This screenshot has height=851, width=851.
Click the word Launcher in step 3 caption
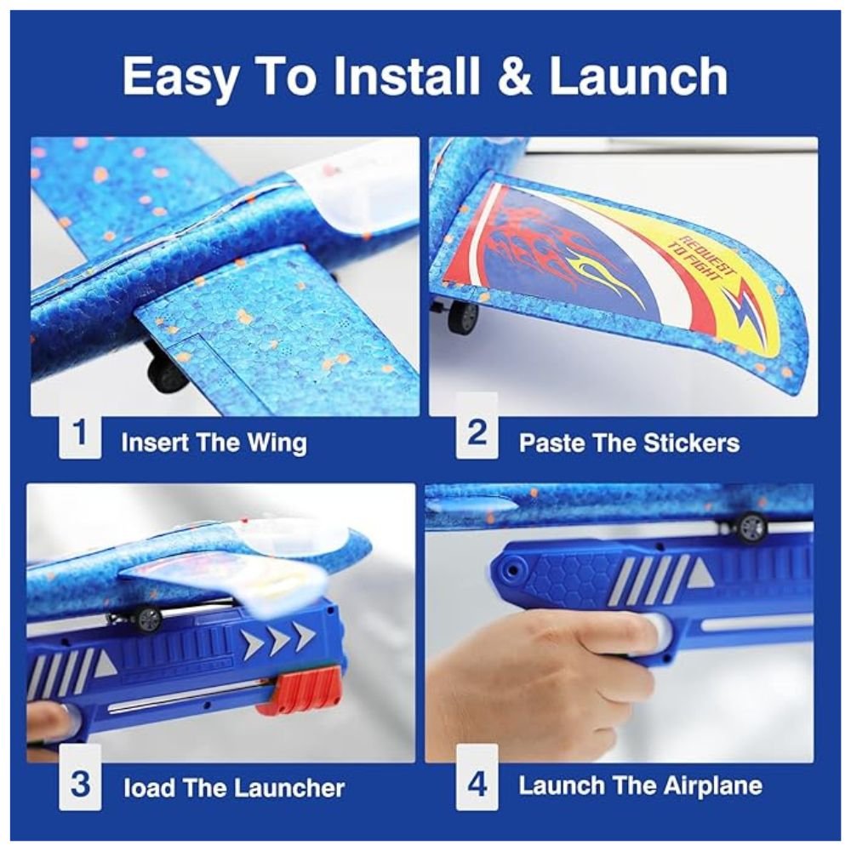click(290, 788)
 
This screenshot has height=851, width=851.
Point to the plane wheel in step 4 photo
click(751, 526)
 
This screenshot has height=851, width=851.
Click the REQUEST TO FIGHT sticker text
click(700, 260)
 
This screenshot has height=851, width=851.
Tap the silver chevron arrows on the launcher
click(278, 639)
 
